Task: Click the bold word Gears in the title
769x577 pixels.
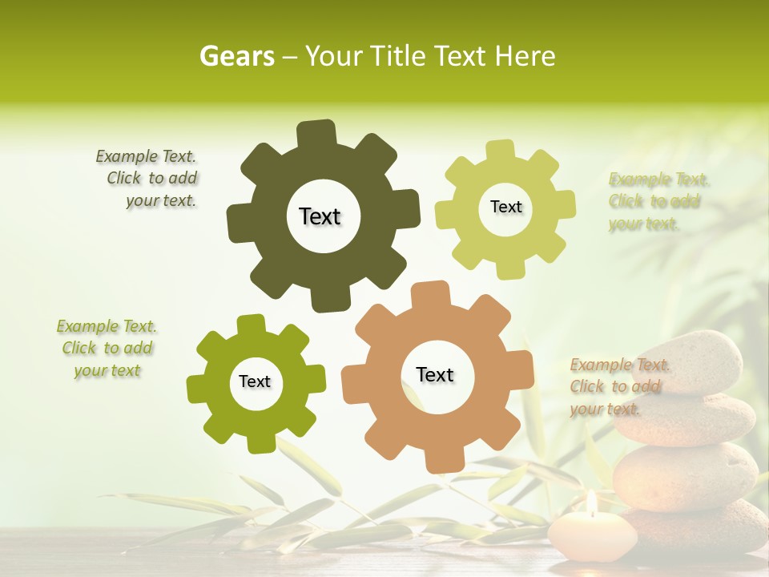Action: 237,56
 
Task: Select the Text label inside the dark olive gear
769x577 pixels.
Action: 320,216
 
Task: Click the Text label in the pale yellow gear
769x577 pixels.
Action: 505,207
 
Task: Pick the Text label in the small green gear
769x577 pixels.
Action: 255,381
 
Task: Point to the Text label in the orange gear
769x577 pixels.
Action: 435,374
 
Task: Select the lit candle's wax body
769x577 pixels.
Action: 593,536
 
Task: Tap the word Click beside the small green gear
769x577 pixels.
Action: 79,348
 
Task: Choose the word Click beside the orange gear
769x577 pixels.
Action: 587,387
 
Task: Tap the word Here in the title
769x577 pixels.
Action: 525,56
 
